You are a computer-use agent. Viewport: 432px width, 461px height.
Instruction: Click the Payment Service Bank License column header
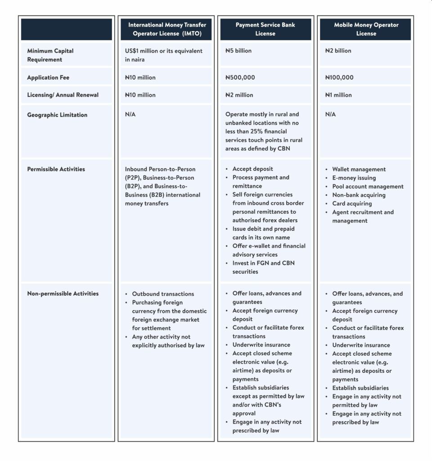265,29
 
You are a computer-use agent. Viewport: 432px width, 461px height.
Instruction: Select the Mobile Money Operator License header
366,29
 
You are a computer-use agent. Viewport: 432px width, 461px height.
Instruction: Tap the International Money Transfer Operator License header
167,29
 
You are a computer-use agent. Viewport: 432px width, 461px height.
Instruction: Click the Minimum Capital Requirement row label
50,55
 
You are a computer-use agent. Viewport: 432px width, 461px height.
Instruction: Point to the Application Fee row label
48,77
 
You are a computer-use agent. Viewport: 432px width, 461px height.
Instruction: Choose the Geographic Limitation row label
57,115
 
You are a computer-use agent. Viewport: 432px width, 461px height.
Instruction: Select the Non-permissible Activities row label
63,294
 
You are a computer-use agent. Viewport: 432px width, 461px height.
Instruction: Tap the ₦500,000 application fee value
240,77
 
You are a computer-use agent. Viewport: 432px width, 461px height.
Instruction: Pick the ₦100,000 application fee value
339,77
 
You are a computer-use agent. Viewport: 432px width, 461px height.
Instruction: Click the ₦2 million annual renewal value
239,95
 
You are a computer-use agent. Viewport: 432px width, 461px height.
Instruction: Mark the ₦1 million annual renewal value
338,95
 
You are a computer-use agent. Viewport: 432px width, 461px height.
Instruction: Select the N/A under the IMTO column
130,114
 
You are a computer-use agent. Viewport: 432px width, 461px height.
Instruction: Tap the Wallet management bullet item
359,169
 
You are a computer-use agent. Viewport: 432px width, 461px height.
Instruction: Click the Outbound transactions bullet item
163,294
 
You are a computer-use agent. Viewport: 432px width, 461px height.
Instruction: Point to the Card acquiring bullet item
352,203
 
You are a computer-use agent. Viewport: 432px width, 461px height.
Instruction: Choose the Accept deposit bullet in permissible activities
252,169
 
